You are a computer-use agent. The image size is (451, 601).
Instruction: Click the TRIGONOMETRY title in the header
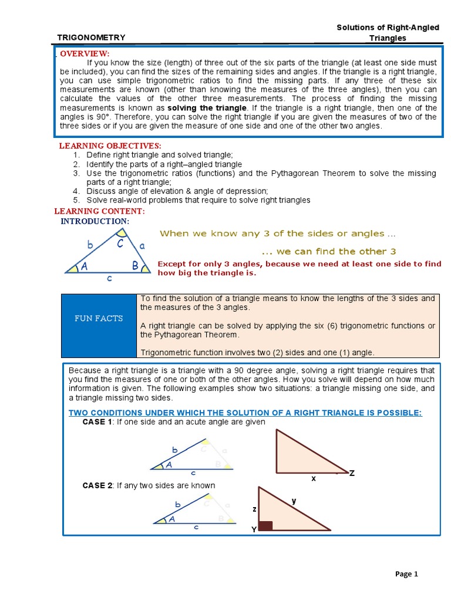click(x=91, y=38)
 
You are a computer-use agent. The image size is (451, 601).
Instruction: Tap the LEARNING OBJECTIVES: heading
click(x=110, y=146)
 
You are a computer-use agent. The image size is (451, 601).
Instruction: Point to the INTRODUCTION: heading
click(x=95, y=221)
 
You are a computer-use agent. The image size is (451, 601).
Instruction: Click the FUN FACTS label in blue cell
click(x=99, y=318)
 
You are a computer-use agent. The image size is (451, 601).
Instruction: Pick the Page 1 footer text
click(x=406, y=575)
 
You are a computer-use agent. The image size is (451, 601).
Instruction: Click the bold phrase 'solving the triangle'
click(x=207, y=109)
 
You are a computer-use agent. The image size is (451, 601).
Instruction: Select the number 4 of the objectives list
click(x=76, y=191)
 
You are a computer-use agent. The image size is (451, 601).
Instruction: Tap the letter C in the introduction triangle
click(x=119, y=243)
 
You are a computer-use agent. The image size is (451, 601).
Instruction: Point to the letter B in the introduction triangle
click(x=135, y=266)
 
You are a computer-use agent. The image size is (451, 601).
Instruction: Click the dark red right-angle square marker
click(x=265, y=525)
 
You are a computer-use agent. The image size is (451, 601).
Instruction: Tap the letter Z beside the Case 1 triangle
click(x=352, y=472)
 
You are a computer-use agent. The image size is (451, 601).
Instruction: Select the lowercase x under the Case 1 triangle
click(x=314, y=478)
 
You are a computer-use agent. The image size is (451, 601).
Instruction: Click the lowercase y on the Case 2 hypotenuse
click(x=294, y=501)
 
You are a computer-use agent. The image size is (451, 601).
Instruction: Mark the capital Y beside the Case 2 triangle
click(x=254, y=529)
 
